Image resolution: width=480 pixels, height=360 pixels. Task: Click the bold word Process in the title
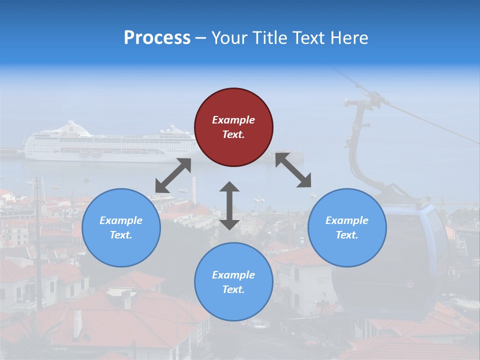157,38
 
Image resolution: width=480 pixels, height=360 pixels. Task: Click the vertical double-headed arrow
229,205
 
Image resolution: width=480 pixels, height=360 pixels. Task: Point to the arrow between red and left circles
173,175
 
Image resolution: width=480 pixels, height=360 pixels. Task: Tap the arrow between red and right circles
293,170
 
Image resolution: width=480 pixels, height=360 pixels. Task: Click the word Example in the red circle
233,120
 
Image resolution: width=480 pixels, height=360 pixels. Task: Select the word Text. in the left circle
121,235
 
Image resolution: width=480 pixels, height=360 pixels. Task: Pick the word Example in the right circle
347,220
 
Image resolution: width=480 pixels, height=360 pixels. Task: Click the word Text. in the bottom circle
233,289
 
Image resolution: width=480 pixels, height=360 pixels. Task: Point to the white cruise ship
110,145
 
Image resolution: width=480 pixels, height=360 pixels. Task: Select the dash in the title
200,38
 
